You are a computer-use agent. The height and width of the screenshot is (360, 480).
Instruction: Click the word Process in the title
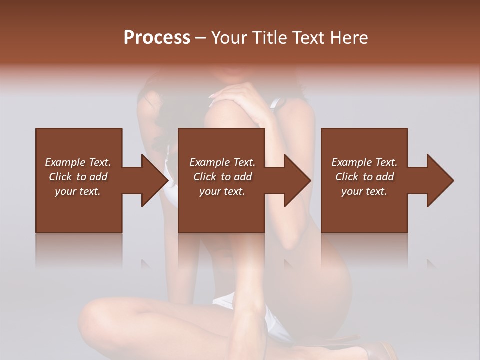pyautogui.click(x=157, y=38)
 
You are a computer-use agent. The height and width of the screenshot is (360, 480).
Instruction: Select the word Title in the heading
pyautogui.click(x=269, y=38)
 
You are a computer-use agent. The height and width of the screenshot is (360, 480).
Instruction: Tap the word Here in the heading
pyautogui.click(x=349, y=38)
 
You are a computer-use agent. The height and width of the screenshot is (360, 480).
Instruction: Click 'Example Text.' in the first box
pyautogui.click(x=78, y=162)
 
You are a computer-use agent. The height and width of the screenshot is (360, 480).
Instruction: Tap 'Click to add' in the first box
pyautogui.click(x=78, y=177)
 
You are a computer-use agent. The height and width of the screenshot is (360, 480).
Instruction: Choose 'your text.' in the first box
pyautogui.click(x=78, y=191)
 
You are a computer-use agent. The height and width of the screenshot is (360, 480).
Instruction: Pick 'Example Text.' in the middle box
pyautogui.click(x=222, y=162)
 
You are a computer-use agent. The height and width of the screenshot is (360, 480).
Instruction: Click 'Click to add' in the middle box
pyautogui.click(x=222, y=177)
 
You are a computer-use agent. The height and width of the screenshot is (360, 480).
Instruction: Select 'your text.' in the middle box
pyautogui.click(x=222, y=191)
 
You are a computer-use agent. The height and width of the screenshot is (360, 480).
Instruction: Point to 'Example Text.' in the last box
pyautogui.click(x=364, y=162)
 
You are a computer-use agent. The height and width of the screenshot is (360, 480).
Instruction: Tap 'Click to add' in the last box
pyautogui.click(x=364, y=177)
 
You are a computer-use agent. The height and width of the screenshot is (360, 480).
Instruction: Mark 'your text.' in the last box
pyautogui.click(x=364, y=191)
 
